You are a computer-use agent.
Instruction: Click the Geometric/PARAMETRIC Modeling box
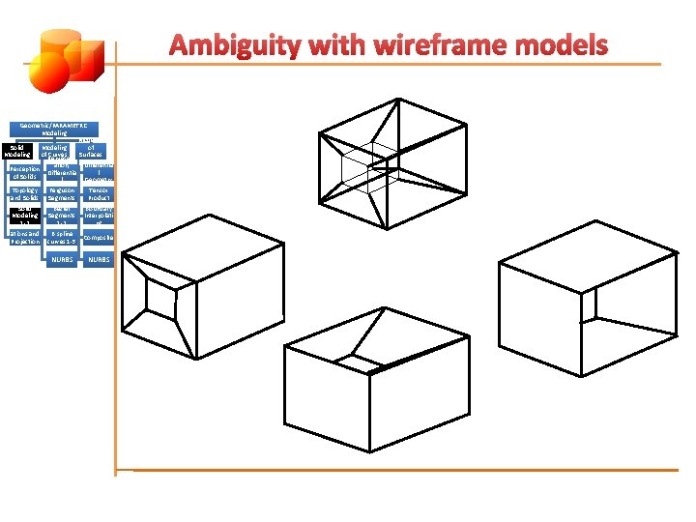point(54,130)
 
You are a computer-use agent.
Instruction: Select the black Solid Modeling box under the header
point(17,151)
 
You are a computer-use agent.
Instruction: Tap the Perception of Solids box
point(24,172)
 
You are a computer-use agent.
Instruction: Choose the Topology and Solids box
point(24,194)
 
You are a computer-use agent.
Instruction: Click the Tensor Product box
point(98,194)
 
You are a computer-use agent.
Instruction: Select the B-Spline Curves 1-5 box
point(61,238)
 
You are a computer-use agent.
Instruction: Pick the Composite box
point(98,238)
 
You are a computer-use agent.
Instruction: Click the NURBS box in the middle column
point(61,259)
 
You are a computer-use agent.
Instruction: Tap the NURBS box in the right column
point(98,259)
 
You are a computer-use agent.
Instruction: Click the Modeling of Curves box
point(61,151)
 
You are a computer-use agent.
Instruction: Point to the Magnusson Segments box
point(61,194)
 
